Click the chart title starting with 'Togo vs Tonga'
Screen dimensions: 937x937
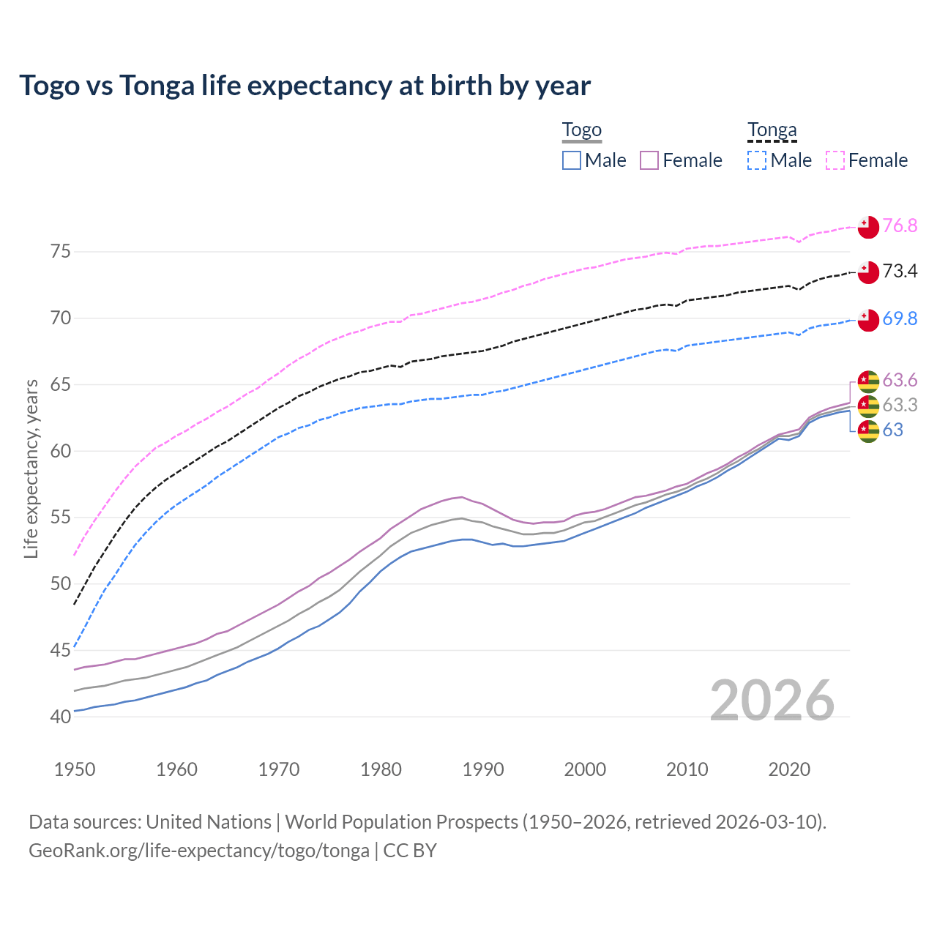(x=305, y=86)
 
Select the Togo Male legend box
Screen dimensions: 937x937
(x=572, y=160)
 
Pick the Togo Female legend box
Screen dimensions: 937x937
(x=649, y=160)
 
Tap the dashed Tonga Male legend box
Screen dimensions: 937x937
(x=757, y=160)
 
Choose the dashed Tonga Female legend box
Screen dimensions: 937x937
(x=835, y=160)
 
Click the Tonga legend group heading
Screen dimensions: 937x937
(x=772, y=130)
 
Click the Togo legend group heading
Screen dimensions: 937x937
(x=581, y=130)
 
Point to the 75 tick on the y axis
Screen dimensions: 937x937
(x=61, y=252)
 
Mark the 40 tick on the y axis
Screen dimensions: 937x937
(x=61, y=717)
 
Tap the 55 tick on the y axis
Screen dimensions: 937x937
(x=61, y=518)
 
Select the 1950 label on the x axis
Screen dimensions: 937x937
(x=75, y=769)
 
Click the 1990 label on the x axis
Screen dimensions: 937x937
(x=483, y=769)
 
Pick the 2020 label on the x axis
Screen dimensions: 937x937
(x=789, y=769)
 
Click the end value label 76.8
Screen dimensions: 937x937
(x=900, y=225)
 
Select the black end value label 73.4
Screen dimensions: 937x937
(x=900, y=272)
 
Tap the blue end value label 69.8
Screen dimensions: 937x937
(x=900, y=318)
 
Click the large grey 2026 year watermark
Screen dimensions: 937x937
(x=772, y=701)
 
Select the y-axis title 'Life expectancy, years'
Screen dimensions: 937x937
(x=31, y=468)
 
